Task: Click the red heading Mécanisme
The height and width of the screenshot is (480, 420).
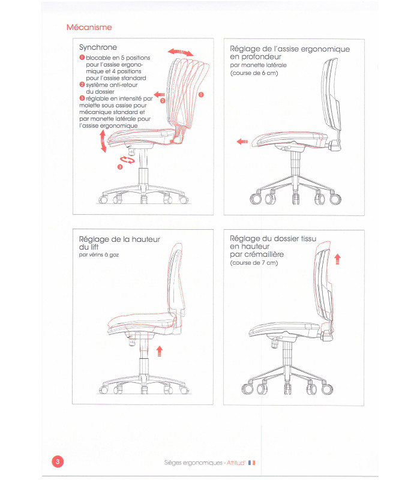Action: pyautogui.click(x=89, y=27)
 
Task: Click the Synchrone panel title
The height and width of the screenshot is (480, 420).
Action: pyautogui.click(x=98, y=47)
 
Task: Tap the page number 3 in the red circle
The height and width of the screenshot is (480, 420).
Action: pyautogui.click(x=58, y=462)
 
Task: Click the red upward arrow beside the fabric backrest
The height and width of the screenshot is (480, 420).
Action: pyautogui.click(x=338, y=259)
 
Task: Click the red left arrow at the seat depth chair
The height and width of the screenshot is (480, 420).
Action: pyautogui.click(x=242, y=142)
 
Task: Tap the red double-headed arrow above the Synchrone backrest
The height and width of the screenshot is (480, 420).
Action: pyautogui.click(x=181, y=53)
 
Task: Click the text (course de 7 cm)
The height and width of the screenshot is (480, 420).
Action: pyautogui.click(x=254, y=263)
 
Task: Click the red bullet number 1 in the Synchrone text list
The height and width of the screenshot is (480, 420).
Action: pyautogui.click(x=82, y=57)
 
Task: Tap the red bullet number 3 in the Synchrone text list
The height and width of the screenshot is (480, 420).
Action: pyautogui.click(x=82, y=98)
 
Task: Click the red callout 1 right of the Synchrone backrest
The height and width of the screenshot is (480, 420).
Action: pyautogui.click(x=201, y=94)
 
